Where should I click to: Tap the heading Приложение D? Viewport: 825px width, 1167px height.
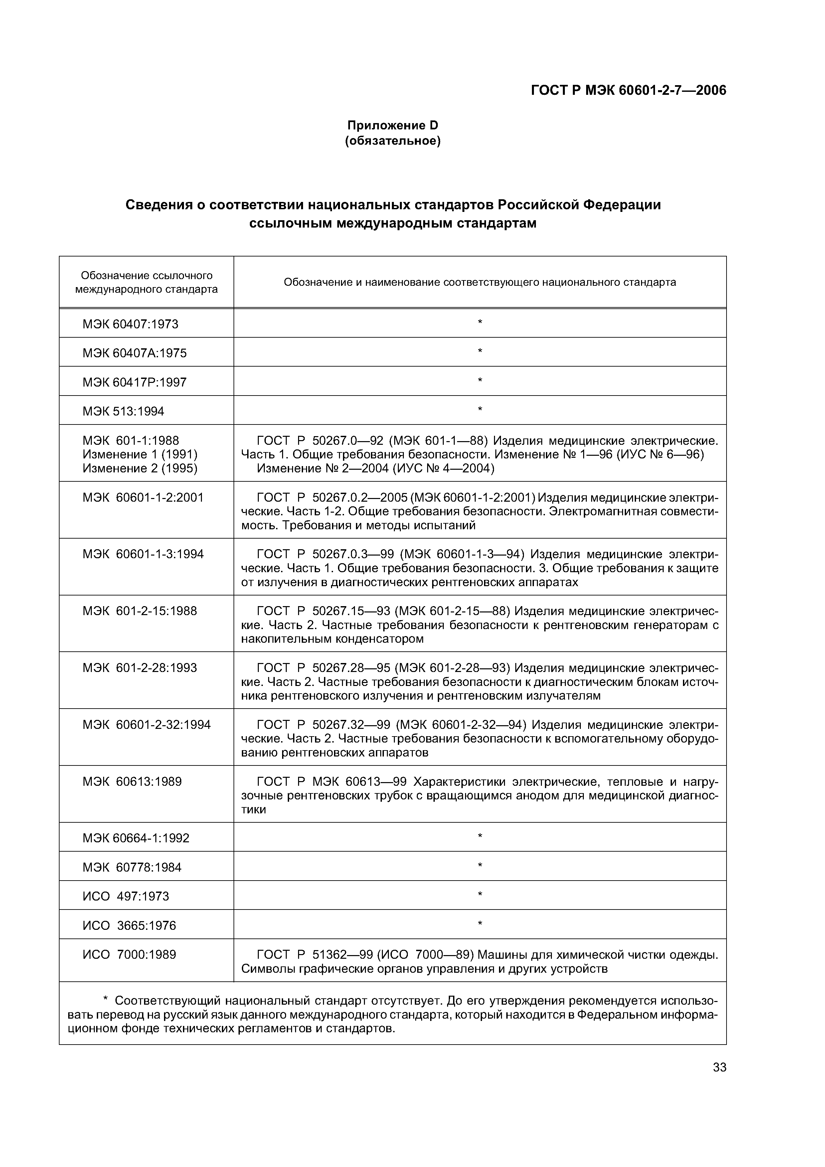click(x=393, y=125)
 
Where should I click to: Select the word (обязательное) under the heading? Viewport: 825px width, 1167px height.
click(x=393, y=141)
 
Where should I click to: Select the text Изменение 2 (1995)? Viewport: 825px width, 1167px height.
click(x=140, y=468)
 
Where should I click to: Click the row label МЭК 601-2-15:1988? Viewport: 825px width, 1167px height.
click(x=140, y=611)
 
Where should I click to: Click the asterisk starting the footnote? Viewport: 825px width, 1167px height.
click(x=106, y=1001)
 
